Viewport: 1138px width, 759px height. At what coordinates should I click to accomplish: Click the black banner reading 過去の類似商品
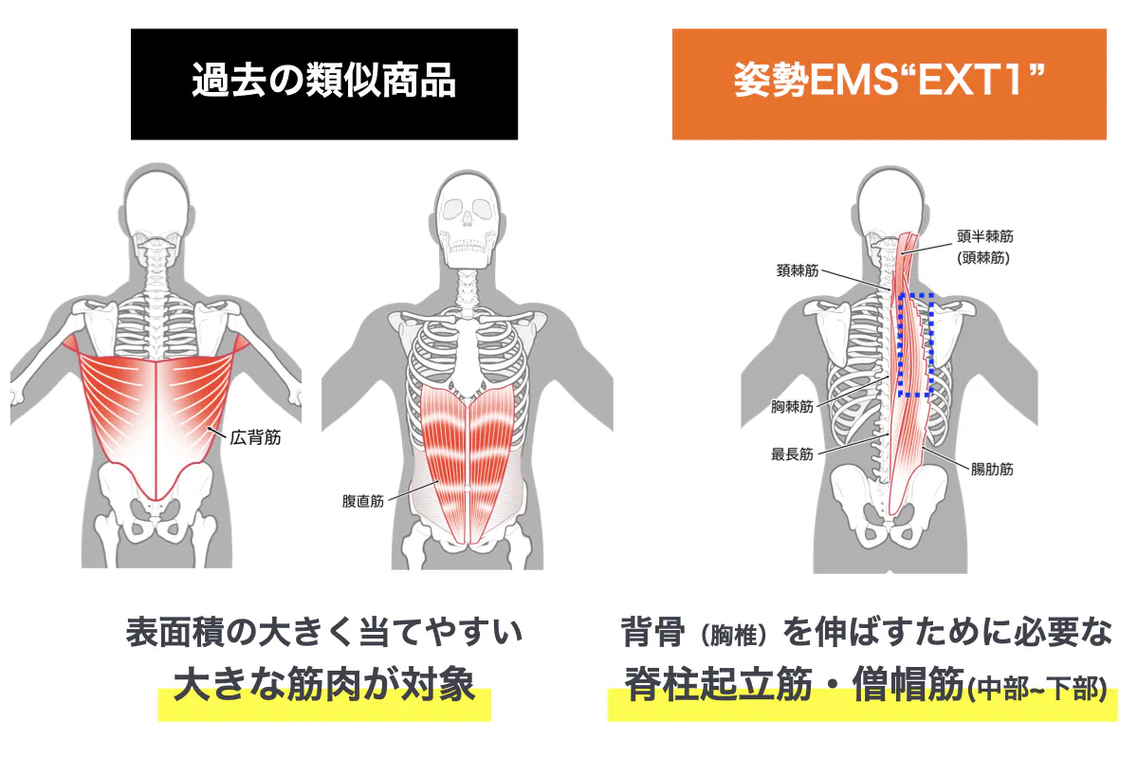tap(324, 83)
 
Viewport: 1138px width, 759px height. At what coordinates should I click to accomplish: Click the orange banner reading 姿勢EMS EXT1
tap(890, 83)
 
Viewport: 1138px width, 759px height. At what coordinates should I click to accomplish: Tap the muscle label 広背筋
tap(255, 437)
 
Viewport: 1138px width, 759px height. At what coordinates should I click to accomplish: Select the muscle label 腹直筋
tap(362, 501)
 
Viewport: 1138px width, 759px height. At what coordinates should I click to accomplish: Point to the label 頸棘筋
tap(798, 270)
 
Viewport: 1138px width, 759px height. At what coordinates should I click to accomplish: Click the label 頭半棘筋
tap(985, 236)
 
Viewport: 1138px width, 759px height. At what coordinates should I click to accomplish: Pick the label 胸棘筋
tap(792, 406)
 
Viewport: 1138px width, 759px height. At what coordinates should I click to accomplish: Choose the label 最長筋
tap(792, 454)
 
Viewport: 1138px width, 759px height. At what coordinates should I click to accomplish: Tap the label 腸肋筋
tap(992, 469)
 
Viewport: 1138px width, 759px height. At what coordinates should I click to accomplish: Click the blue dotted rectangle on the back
tap(899, 344)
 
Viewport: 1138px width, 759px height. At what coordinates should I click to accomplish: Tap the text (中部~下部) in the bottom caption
tap(1037, 689)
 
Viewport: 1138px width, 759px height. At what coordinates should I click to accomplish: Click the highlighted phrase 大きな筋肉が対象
tap(324, 684)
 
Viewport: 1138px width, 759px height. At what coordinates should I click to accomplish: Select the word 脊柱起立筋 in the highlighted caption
tap(719, 684)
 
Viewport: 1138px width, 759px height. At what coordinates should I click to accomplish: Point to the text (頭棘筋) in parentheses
tap(983, 258)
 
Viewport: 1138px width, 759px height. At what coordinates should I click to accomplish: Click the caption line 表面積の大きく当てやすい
tap(324, 633)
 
